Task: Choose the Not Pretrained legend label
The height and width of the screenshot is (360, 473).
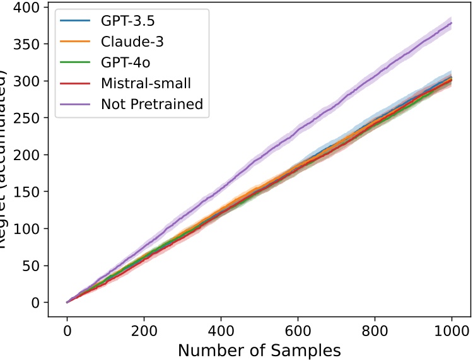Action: [x=152, y=104]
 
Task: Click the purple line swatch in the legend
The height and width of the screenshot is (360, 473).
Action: [x=77, y=104]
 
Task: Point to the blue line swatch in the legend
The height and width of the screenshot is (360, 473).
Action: [x=77, y=21]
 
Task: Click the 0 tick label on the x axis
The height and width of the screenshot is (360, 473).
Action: [x=67, y=329]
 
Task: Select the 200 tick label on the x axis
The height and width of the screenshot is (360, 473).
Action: [x=144, y=329]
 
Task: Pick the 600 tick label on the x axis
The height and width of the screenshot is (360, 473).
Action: [x=298, y=329]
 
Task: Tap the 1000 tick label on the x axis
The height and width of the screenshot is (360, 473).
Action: [x=451, y=329]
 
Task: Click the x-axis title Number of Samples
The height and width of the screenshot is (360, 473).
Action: [x=259, y=349]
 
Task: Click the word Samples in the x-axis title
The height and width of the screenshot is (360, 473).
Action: [x=305, y=349]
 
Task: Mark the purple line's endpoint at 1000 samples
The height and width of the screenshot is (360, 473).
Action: [x=451, y=23]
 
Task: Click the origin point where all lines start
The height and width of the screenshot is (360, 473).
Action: [x=67, y=302]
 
